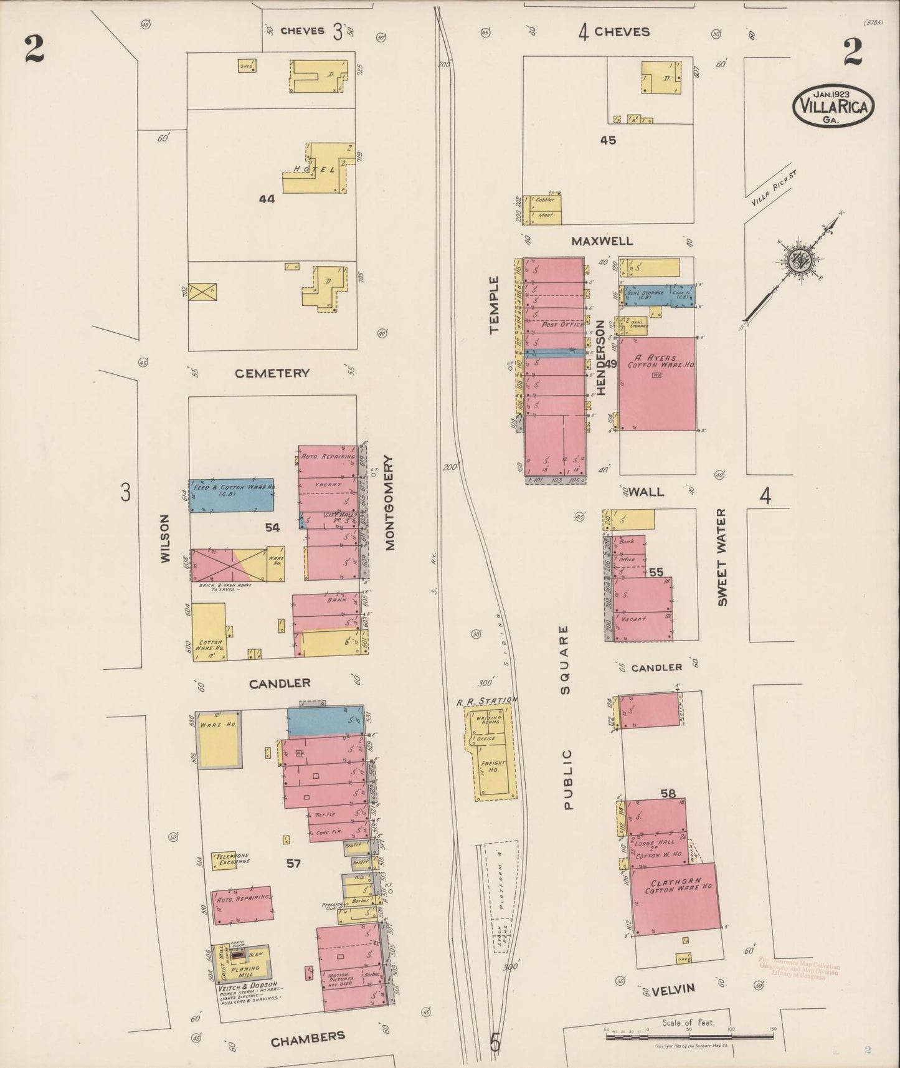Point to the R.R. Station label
point(486,701)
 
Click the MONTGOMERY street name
point(390,503)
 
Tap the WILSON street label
point(165,539)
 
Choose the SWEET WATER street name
point(722,558)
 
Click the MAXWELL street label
point(602,241)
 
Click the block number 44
point(267,199)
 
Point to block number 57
point(293,864)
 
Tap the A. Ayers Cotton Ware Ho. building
point(657,383)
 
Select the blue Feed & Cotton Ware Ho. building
point(232,496)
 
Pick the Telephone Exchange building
point(232,859)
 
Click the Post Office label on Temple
point(562,325)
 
